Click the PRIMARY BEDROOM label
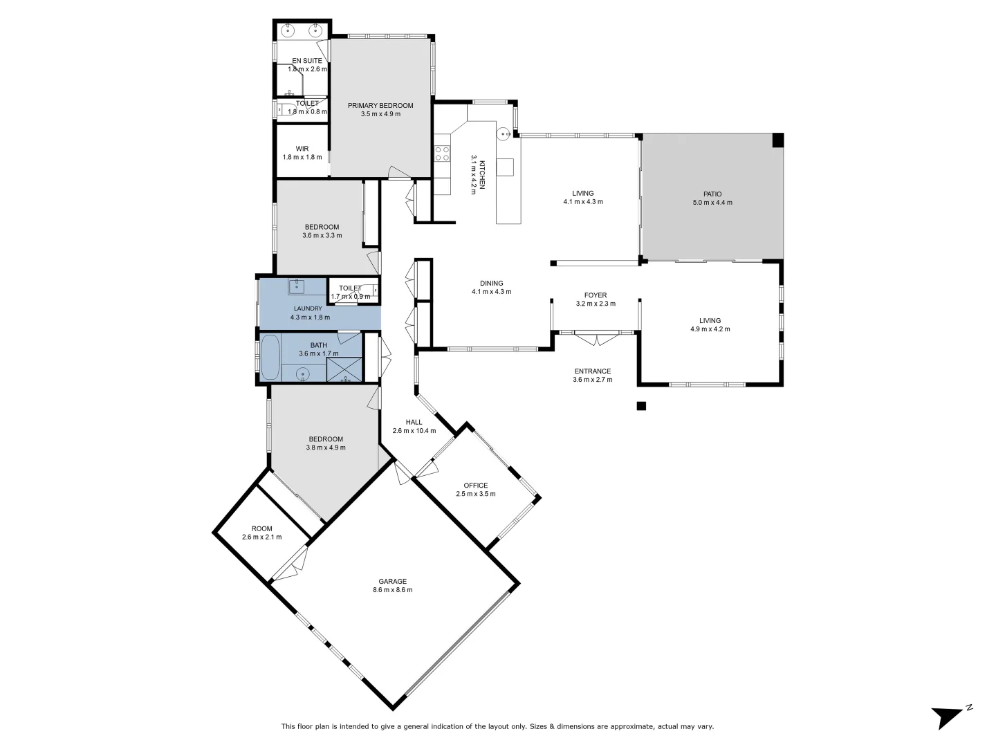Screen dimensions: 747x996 [380, 106]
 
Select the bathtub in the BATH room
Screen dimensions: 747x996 [270, 358]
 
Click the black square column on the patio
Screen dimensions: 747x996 [778, 140]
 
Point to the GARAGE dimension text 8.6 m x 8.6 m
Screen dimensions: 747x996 [392, 590]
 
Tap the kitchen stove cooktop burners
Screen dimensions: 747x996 [442, 154]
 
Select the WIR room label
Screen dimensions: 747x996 [302, 149]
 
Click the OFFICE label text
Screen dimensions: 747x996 [476, 486]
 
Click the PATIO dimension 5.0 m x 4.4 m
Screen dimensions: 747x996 [712, 203]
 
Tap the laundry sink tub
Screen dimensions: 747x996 [297, 286]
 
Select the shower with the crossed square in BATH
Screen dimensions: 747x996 [344, 369]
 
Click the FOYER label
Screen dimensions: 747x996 [596, 295]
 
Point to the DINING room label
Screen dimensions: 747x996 [492, 283]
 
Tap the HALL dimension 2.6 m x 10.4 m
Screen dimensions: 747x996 [414, 431]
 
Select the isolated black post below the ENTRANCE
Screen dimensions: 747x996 [641, 406]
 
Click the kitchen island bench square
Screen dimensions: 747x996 [506, 167]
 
